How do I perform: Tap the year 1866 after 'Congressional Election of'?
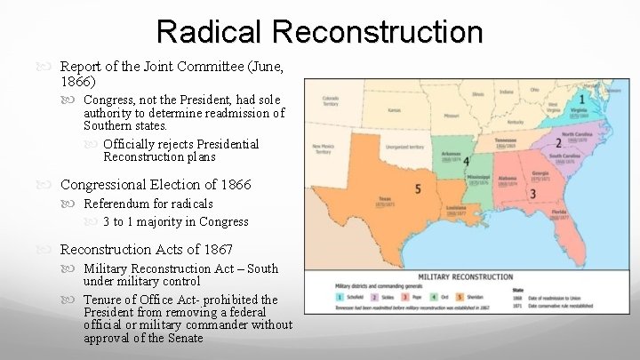coord(234,185)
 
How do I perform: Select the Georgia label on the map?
coord(538,172)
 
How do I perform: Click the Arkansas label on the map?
coord(451,153)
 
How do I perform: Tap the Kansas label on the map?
coord(395,110)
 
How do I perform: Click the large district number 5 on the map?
coord(417,188)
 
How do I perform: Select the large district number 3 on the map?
coord(532,193)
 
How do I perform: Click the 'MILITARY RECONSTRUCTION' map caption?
coord(467,276)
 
